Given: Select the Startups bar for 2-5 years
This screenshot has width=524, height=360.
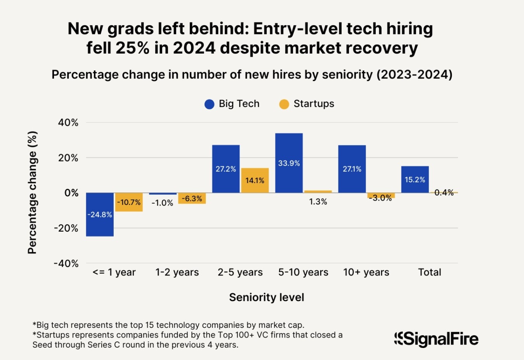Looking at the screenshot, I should coord(255,180).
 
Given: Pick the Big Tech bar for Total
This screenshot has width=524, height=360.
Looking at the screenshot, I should coord(415,179).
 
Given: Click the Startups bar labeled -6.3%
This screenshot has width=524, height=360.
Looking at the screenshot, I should coord(192,198).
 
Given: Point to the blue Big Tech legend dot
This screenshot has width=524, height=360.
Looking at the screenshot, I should coord(209,104).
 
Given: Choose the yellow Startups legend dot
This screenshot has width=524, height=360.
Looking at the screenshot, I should coord(284,104).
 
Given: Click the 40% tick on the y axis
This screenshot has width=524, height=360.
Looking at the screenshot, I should coord(68,123).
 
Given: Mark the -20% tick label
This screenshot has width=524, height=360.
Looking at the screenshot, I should coord(66,228).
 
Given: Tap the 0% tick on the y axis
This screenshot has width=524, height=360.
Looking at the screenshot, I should coord(71,193).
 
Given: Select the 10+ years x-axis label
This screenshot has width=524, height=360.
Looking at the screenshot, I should coord(366,272).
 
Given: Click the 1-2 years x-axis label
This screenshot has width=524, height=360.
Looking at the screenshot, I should coord(177,272).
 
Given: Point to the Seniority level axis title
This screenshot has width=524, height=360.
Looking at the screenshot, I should coord(267,298).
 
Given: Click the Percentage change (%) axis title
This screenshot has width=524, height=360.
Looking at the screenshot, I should coord(32,192).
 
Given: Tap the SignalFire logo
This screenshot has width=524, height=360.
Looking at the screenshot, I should coord(436,339).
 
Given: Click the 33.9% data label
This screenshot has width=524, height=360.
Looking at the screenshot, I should coord(289,163).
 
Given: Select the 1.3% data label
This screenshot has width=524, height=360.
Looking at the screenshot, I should coord(318,202).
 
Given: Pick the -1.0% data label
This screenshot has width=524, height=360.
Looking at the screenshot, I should coord(162,203).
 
